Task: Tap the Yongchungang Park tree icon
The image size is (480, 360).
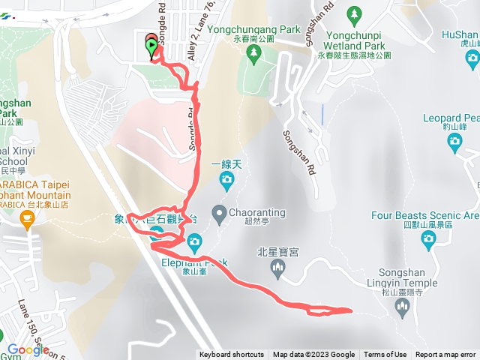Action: [x=255, y=52]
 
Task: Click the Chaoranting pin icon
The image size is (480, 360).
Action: [x=219, y=215]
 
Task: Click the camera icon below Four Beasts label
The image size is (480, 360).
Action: [x=428, y=240]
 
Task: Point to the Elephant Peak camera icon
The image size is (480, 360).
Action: [x=194, y=241]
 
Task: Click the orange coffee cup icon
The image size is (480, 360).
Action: [x=28, y=219]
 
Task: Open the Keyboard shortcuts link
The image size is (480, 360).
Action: [x=232, y=355]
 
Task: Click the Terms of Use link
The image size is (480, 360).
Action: [x=385, y=355]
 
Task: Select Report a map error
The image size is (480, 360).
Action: [x=445, y=355]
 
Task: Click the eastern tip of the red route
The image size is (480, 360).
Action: [x=350, y=310]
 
